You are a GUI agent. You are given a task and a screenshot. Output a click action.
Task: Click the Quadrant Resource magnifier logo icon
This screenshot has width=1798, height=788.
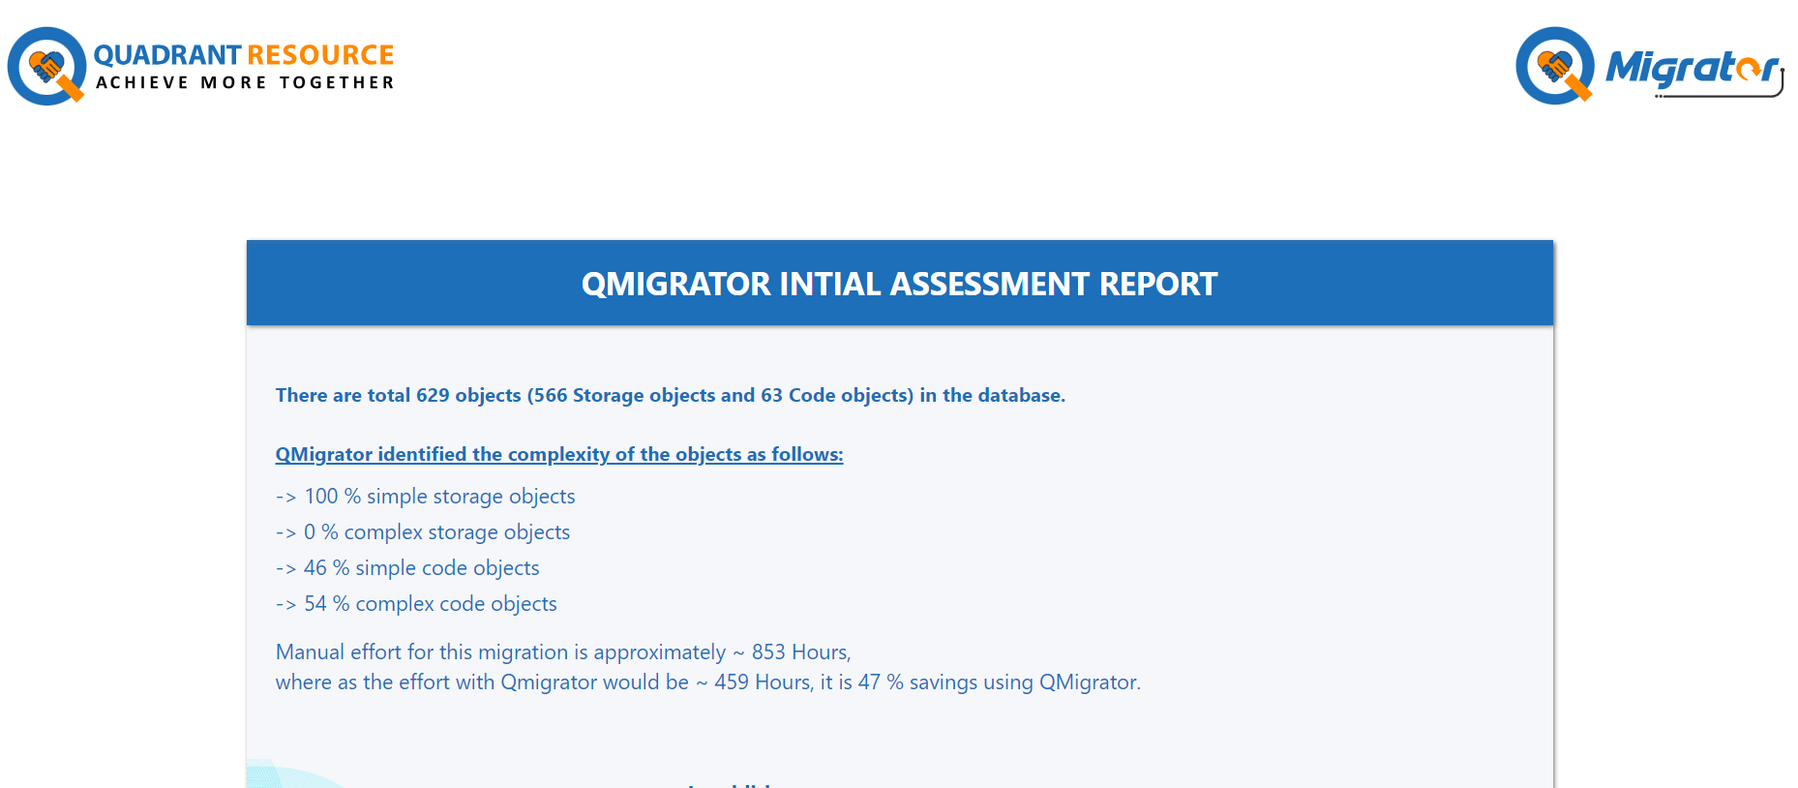coord(46,66)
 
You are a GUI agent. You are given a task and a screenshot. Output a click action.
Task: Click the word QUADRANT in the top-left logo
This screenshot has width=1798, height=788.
coord(167,55)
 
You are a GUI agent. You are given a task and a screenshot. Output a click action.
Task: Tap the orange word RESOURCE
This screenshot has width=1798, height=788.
coord(320,55)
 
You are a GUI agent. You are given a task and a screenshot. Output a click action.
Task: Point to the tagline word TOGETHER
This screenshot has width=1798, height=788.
coord(337,83)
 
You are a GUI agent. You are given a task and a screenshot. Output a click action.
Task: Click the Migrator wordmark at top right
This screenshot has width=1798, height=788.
coord(1693,70)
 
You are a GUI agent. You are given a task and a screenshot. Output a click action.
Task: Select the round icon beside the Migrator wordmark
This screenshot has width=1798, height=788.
coord(1555,66)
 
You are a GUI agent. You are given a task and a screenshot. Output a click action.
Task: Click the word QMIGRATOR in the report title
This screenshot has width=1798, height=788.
coord(675,284)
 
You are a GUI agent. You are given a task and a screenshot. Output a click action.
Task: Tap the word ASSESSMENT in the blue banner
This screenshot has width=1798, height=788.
coord(990,284)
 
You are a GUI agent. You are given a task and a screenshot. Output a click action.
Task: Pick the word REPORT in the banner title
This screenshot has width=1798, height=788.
coord(1158,284)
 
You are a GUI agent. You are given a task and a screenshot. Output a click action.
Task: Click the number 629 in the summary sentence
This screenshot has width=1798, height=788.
coord(433,395)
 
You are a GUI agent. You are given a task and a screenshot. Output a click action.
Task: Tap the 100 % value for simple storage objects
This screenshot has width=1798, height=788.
coord(333,497)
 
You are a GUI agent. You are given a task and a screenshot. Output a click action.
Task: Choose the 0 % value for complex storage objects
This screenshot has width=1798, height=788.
coord(321,532)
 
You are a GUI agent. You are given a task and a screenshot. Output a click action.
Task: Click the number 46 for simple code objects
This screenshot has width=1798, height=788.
coord(315,568)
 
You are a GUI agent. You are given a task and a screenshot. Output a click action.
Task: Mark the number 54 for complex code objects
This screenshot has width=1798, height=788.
coord(315,604)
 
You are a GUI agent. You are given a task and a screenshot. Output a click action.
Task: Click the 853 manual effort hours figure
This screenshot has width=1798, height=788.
coord(769,652)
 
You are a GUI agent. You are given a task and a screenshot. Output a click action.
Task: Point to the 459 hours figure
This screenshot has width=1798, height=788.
coord(732,682)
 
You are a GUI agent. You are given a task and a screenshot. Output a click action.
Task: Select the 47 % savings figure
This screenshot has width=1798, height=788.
coord(881,682)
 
